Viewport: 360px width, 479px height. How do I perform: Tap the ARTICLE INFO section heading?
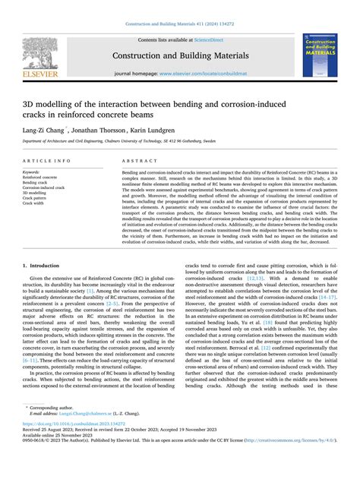pos(48,162)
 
